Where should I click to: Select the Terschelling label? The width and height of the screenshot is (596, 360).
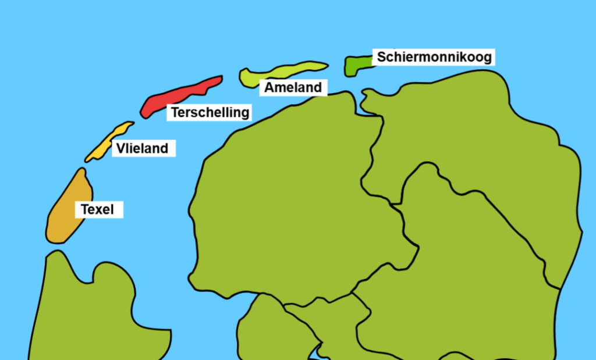(210, 112)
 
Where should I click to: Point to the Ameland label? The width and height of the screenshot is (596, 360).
(293, 87)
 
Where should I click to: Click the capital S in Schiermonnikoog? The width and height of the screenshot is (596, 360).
(382, 57)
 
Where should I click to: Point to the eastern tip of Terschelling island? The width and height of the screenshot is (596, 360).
(220, 78)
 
